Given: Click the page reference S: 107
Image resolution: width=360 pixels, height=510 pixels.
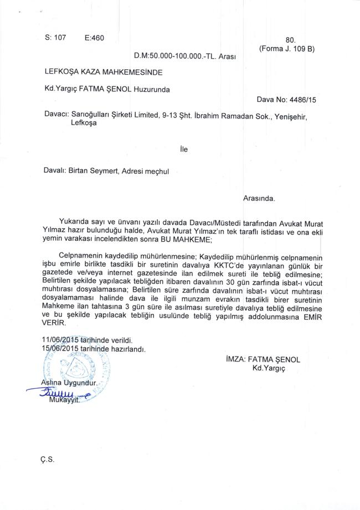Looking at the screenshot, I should click(55, 38).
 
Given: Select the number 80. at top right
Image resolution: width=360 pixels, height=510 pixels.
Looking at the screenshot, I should click(291, 40).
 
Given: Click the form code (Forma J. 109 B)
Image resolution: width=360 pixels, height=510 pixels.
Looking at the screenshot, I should click(286, 49).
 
